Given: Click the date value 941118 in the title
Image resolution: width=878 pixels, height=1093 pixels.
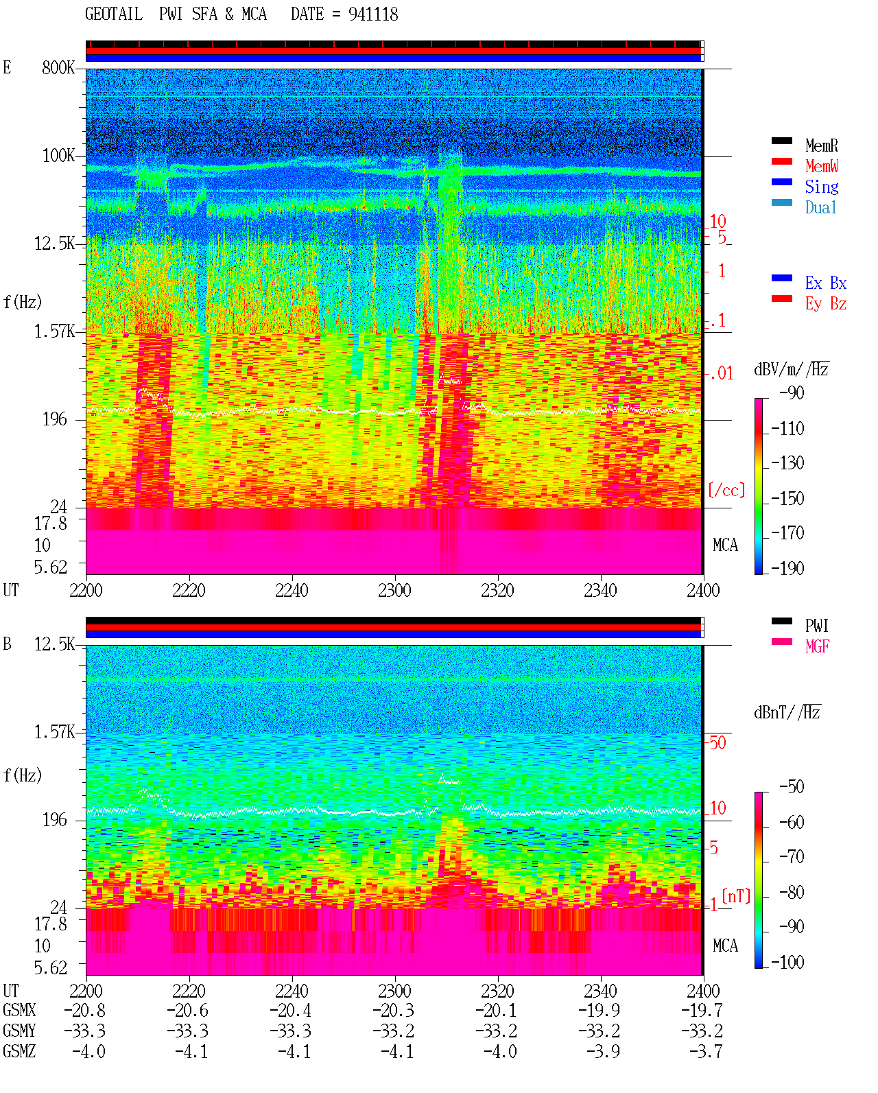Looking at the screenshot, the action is [x=373, y=14].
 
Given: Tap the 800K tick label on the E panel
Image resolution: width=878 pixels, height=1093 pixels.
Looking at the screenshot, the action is [x=58, y=67].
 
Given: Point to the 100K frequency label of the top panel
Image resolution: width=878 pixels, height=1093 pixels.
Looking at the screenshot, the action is [x=58, y=156].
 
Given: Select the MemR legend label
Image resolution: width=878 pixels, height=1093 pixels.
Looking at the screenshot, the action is [x=822, y=145].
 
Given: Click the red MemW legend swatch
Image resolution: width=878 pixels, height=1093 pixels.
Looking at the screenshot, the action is [x=781, y=161].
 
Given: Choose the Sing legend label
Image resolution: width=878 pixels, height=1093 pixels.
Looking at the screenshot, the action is [x=822, y=187].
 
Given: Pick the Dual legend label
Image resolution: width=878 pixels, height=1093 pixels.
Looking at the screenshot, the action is [x=821, y=207].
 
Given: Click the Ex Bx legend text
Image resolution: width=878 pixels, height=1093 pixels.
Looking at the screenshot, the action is [x=826, y=283].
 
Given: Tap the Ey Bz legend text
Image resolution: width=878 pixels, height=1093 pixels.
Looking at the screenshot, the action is [x=826, y=304].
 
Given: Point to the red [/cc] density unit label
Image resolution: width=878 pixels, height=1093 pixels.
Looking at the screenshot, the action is [x=726, y=490].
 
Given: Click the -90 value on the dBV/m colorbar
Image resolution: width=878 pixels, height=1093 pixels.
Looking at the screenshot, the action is [x=792, y=393].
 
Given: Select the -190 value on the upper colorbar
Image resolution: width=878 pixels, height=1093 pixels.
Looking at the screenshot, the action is [x=787, y=568].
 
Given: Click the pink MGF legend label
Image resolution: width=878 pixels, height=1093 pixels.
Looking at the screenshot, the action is [x=817, y=646].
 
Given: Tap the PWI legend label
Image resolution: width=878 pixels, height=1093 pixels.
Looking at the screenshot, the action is [x=816, y=626].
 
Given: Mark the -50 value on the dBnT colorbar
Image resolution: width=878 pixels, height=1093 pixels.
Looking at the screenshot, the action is [x=792, y=787].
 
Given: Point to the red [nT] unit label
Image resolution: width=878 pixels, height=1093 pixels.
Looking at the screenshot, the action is [x=736, y=896].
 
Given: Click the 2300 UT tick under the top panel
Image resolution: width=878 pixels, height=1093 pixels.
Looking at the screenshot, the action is [x=394, y=590].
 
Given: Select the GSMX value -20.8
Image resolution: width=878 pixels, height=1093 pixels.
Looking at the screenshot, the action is [x=85, y=1010].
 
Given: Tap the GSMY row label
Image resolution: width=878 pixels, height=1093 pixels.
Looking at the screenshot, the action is [x=19, y=1031].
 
